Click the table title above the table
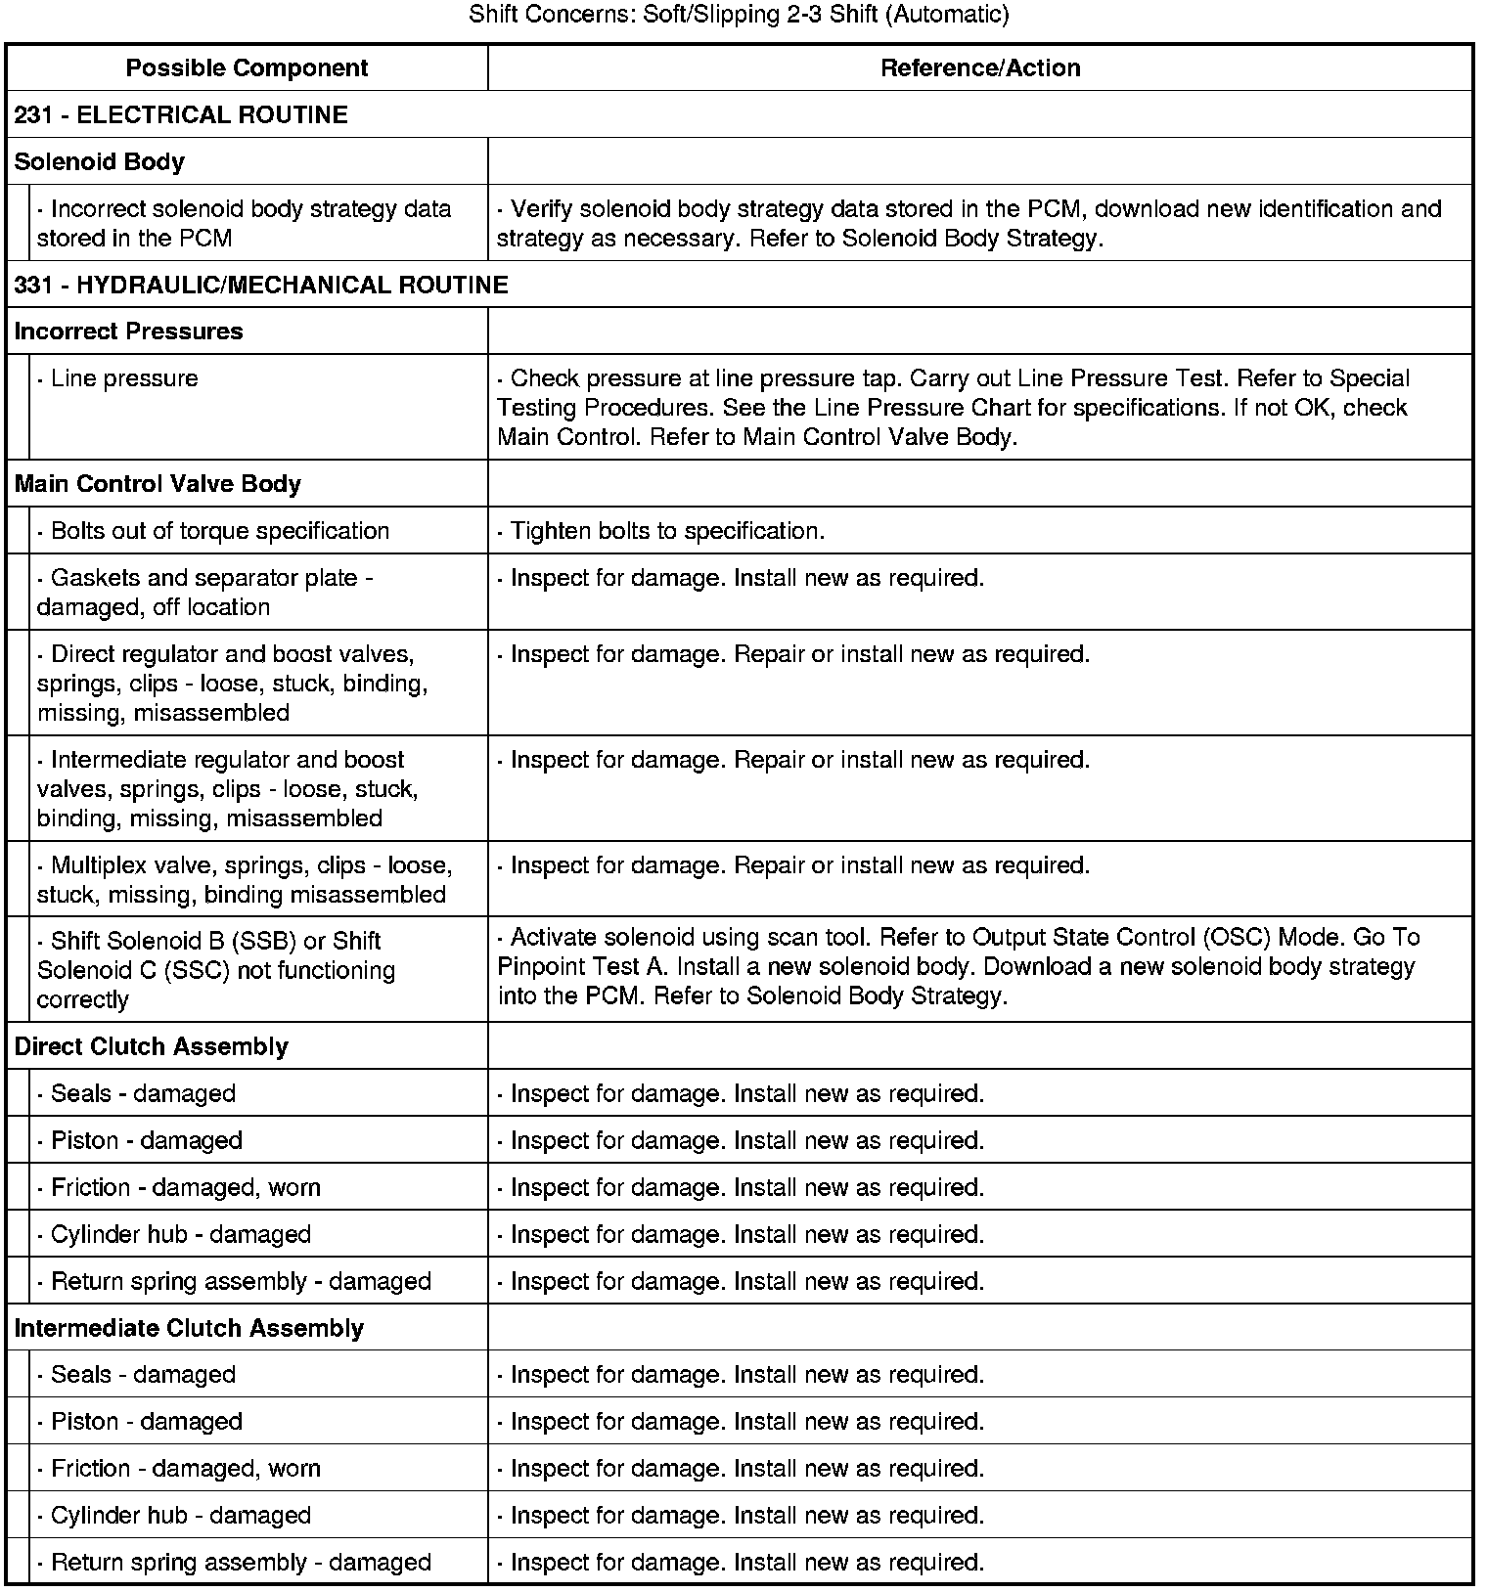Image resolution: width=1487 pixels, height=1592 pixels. pos(739,15)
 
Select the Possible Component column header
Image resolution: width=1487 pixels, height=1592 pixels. pos(247,67)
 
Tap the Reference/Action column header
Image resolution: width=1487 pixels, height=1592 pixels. pos(980,67)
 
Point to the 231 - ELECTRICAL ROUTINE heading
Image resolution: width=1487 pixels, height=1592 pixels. pos(181,114)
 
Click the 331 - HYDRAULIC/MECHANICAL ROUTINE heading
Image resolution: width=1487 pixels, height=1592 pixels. pos(261,285)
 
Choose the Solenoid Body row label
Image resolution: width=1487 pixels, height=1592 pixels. pos(100,161)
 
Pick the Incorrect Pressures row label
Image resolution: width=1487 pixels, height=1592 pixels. pos(128,332)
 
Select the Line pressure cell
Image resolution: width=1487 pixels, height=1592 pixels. pos(124,378)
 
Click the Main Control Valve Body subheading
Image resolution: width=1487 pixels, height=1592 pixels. pos(158,484)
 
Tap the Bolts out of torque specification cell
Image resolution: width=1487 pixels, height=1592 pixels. pos(219,531)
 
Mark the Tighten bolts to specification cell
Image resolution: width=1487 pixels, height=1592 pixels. pos(667,531)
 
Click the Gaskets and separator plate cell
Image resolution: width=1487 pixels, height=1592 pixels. pos(204,592)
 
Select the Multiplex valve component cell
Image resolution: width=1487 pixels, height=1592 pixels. pos(244,879)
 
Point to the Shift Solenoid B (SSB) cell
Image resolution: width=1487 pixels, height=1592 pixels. pos(216,969)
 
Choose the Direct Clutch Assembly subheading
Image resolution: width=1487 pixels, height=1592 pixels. pos(152,1046)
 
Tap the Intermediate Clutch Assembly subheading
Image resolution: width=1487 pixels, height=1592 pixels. pos(189,1328)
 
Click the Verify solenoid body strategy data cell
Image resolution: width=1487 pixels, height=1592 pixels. pos(969,223)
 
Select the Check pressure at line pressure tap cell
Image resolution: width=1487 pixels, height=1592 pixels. pos(953,407)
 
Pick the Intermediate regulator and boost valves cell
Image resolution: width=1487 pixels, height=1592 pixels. pos(227,788)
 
